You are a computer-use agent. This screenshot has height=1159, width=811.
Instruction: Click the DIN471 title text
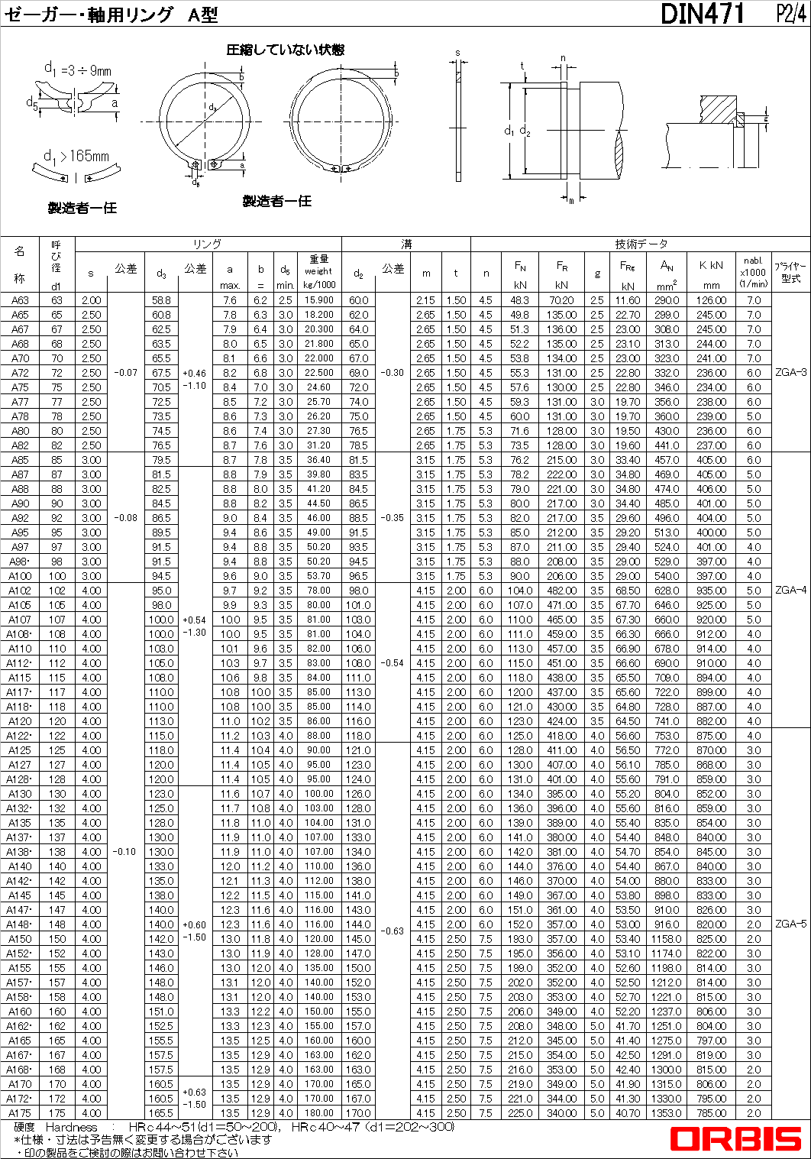pyautogui.click(x=701, y=13)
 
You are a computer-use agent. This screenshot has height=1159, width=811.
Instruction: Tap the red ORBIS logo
pyautogui.click(x=735, y=1139)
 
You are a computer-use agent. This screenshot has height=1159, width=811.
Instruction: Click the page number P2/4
pyautogui.click(x=790, y=13)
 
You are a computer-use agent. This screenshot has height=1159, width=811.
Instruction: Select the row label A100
pyautogui.click(x=20, y=576)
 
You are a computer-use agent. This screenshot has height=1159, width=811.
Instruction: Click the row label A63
pyautogui.click(x=20, y=300)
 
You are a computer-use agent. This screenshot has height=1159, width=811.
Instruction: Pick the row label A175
pyautogui.click(x=20, y=1113)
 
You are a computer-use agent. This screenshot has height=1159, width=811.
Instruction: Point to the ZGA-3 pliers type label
pyautogui.click(x=790, y=373)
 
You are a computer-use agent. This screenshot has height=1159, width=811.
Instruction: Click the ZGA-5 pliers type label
pyautogui.click(x=790, y=924)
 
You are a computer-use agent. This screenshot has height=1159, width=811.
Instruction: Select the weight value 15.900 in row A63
pyautogui.click(x=318, y=300)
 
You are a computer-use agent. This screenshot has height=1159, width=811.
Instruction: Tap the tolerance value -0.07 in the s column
pyautogui.click(x=125, y=373)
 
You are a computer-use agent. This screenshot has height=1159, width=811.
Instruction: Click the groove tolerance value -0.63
pyautogui.click(x=393, y=931)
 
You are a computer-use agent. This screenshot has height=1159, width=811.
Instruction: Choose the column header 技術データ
pyautogui.click(x=641, y=244)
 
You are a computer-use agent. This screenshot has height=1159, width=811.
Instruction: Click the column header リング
pyautogui.click(x=207, y=244)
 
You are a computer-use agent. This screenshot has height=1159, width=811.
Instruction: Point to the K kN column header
pyautogui.click(x=710, y=265)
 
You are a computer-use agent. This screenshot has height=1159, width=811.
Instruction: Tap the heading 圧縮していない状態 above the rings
pyautogui.click(x=285, y=50)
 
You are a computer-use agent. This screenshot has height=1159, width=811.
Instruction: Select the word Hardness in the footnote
pyautogui.click(x=72, y=1127)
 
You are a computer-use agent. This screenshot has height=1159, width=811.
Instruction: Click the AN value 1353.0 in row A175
pyautogui.click(x=666, y=1113)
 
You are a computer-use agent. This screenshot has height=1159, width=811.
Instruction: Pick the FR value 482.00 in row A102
pyautogui.click(x=561, y=591)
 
